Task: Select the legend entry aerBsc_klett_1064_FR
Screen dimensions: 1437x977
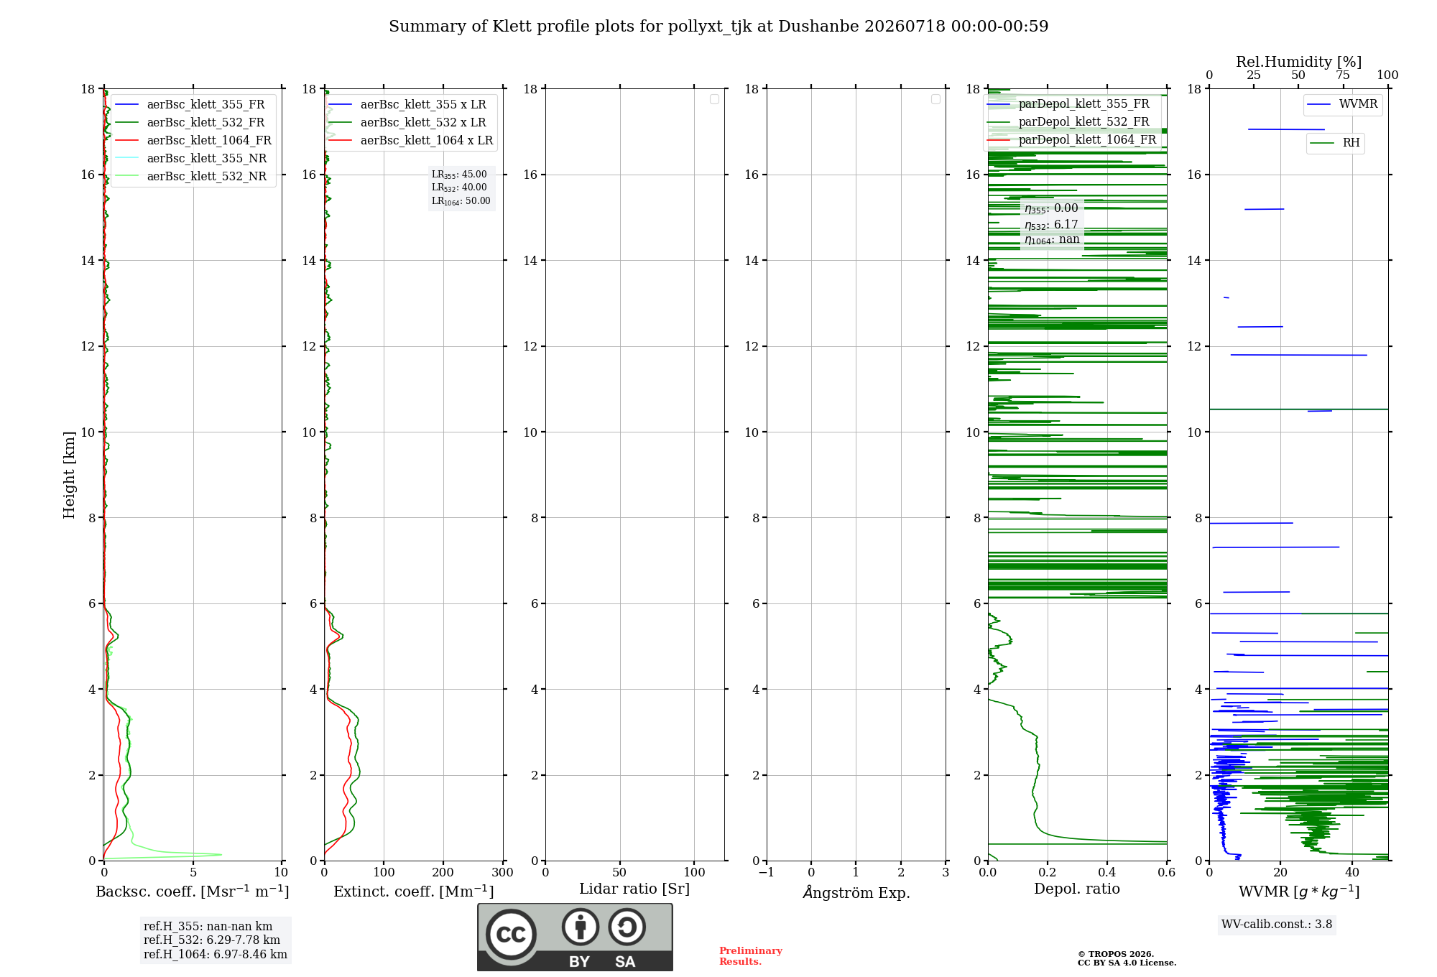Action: pos(193,141)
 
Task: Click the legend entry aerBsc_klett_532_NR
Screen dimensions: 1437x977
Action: pos(191,177)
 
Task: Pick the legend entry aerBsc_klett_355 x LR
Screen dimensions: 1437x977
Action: pos(407,105)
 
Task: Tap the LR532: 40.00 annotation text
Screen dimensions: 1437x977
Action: pos(459,187)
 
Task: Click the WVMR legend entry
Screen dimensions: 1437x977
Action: pos(1342,104)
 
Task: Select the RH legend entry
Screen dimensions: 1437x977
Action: pos(1335,143)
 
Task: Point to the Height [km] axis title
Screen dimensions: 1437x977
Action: pos(69,475)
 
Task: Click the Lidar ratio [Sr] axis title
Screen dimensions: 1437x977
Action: pos(634,889)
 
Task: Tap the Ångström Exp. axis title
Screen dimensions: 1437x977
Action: pos(856,892)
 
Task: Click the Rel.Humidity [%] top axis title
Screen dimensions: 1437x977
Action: pos(1298,62)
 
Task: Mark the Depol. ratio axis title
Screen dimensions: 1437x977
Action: pos(1077,889)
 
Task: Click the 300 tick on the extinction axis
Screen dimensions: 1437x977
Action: pos(503,872)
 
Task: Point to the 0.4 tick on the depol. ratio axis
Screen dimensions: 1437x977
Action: pos(1107,872)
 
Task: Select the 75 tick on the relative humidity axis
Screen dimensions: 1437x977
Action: pos(1343,75)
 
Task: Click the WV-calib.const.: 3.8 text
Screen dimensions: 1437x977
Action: pos(1277,925)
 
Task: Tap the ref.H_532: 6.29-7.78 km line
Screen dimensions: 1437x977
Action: pos(212,940)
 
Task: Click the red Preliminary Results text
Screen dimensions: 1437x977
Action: pos(751,956)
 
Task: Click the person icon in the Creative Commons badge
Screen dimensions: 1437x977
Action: pos(580,927)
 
